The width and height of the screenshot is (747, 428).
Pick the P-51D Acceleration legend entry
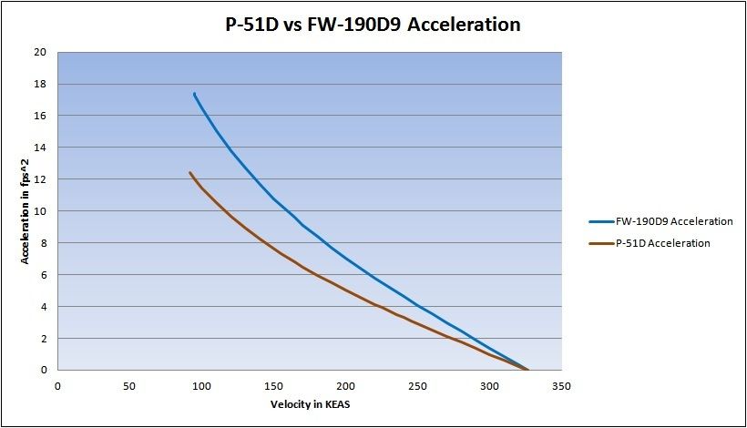coord(663,243)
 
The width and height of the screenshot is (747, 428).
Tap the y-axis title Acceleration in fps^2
coord(27,210)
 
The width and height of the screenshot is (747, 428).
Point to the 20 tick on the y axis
coord(41,52)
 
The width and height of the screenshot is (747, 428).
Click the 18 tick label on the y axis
coord(41,84)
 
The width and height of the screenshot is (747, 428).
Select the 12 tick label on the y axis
coord(41,179)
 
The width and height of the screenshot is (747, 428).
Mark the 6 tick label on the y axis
coord(44,275)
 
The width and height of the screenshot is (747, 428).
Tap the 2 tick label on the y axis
coord(44,339)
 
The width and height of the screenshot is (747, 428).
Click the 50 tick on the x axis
coord(129,385)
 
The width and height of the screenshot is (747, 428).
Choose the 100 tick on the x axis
coord(201,385)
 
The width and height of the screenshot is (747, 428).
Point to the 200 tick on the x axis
coord(345,385)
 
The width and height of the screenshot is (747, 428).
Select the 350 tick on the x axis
coord(561,385)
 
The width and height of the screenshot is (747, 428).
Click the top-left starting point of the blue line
coord(194,93)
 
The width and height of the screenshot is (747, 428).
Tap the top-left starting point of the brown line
coord(190,172)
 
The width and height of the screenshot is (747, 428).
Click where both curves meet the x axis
coord(527,370)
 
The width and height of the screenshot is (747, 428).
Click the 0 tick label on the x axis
coord(57,385)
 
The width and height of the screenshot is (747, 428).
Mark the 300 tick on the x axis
coord(489,385)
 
